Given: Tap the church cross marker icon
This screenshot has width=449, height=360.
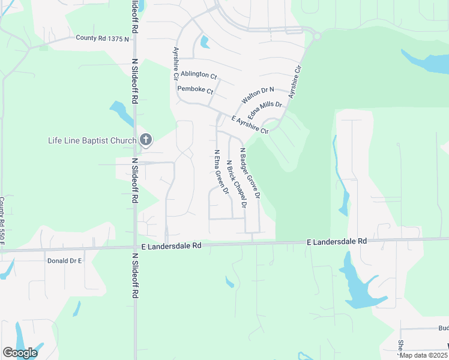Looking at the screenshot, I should [x=145, y=140].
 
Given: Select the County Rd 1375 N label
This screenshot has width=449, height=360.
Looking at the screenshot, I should [x=102, y=38].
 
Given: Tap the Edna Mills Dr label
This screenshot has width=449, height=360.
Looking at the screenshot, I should [x=265, y=108].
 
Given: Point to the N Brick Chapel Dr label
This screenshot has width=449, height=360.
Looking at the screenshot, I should [x=237, y=184].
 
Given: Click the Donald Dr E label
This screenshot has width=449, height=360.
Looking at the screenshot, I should [x=64, y=261].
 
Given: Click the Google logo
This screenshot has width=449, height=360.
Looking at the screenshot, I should [x=20, y=353].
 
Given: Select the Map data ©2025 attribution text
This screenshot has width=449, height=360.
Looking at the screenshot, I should [x=423, y=355].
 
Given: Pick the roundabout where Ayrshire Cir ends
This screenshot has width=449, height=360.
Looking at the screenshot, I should [x=316, y=36].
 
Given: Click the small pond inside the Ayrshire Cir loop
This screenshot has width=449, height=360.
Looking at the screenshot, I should [x=205, y=42].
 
